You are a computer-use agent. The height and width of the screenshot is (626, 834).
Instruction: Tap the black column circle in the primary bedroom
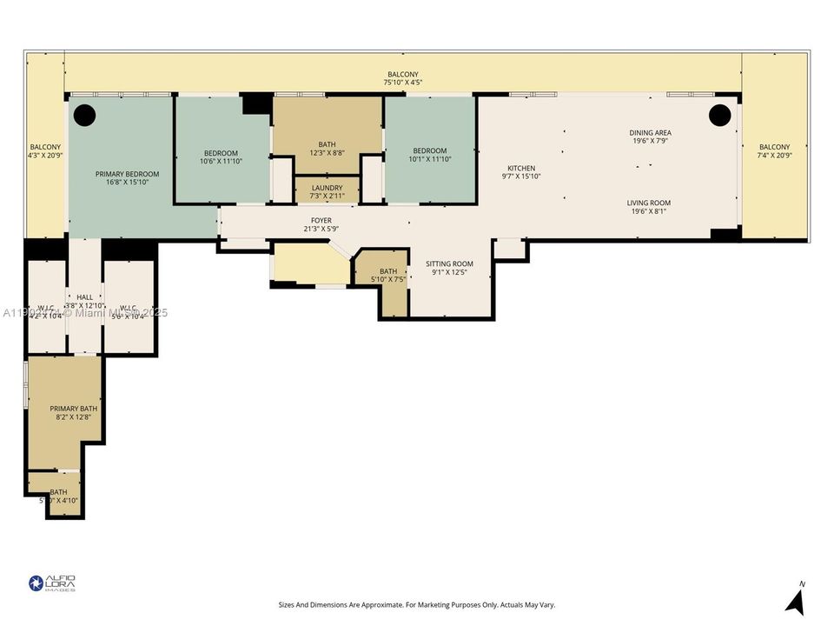(x=83, y=114)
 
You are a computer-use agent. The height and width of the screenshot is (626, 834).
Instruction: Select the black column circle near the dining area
(x=719, y=114)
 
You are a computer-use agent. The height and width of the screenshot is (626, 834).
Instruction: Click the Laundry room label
(x=327, y=191)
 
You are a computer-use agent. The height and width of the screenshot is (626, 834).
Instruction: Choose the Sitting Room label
(x=449, y=268)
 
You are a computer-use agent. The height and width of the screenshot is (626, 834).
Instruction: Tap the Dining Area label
(x=650, y=137)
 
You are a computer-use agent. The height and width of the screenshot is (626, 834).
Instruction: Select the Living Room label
(x=649, y=207)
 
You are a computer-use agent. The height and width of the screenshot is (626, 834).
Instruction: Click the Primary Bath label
(x=73, y=412)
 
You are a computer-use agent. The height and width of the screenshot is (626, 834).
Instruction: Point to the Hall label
(x=84, y=301)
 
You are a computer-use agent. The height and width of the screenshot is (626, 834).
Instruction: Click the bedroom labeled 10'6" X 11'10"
(x=220, y=157)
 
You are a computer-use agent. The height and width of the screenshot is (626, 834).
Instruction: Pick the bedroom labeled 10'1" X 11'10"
(x=430, y=155)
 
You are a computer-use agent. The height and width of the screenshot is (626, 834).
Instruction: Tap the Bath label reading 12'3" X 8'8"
(x=327, y=149)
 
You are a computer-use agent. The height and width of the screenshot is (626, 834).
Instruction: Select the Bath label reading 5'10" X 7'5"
(x=387, y=276)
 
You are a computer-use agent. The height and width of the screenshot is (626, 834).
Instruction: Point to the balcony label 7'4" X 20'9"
(x=774, y=151)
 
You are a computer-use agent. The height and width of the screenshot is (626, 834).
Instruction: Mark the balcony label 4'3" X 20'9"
(x=45, y=151)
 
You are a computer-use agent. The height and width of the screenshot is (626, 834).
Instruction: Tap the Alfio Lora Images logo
(x=52, y=583)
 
